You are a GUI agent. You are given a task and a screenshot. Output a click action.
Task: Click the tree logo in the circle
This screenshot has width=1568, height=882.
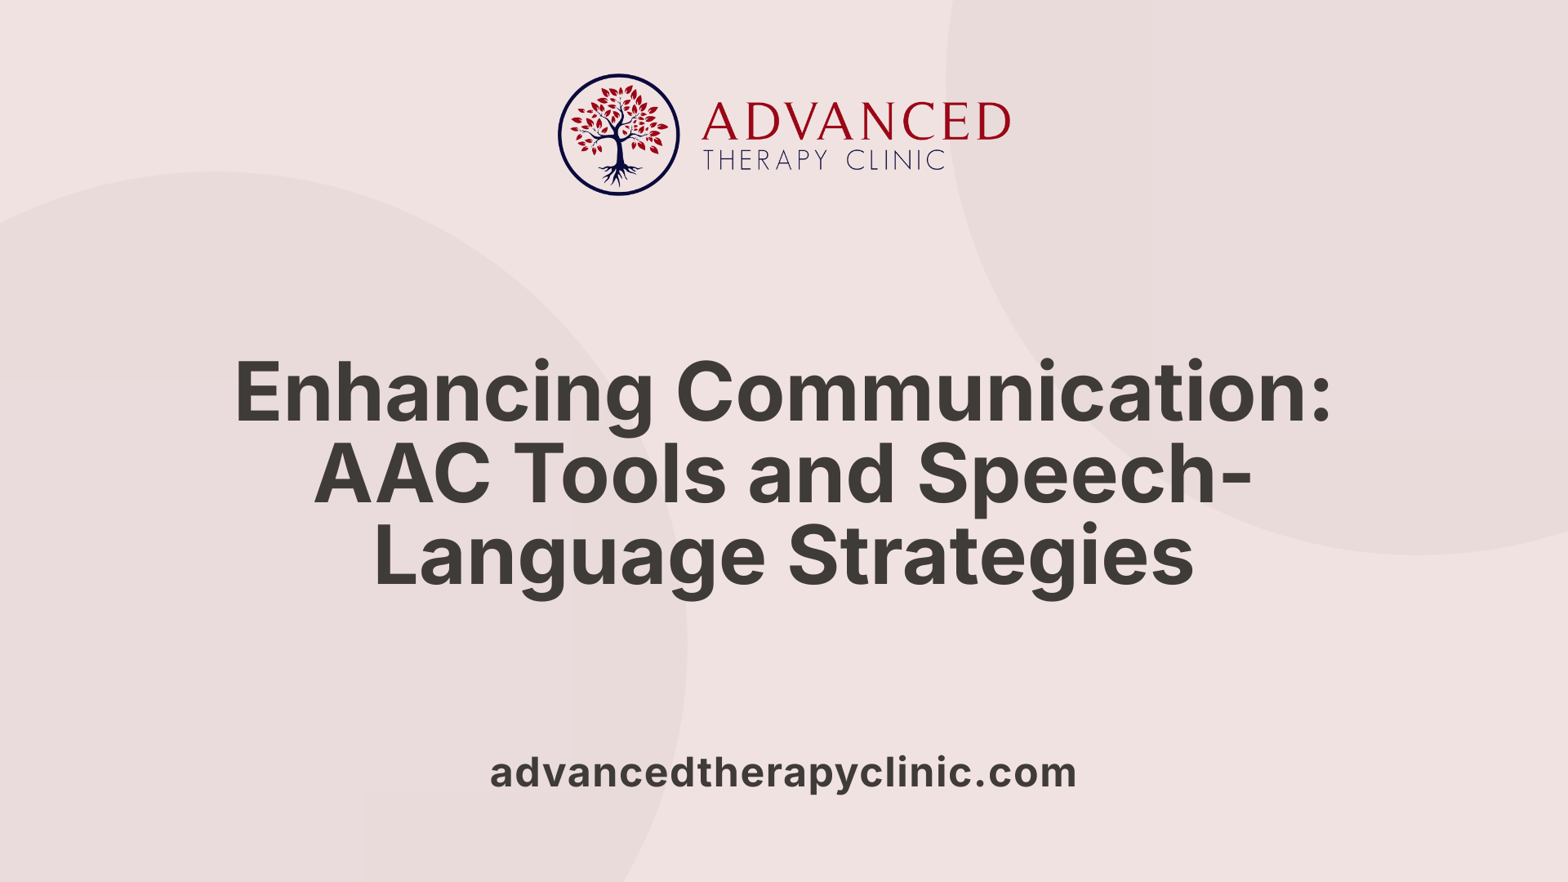point(618,134)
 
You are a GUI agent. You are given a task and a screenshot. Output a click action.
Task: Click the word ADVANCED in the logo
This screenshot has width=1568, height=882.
point(856,122)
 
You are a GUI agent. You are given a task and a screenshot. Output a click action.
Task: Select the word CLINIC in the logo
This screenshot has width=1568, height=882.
point(895,160)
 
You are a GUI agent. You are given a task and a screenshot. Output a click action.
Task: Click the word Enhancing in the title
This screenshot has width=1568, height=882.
point(443,394)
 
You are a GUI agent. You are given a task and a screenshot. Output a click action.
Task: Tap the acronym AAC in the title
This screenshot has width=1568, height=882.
point(402,475)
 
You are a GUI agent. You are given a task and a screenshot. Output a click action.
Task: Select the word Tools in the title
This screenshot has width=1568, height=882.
point(621,475)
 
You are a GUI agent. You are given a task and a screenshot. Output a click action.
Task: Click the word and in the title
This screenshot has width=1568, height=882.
point(822,475)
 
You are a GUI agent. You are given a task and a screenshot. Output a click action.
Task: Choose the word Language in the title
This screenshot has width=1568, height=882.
point(569,559)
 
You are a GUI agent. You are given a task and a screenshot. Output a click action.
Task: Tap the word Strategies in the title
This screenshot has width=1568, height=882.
point(990,559)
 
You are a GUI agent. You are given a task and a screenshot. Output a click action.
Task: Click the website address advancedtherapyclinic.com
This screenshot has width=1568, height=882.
point(782,773)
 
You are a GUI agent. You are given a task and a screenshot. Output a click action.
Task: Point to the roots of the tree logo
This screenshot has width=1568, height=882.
point(619,174)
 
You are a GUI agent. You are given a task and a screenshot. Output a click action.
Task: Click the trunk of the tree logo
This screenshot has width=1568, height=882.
point(619,151)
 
